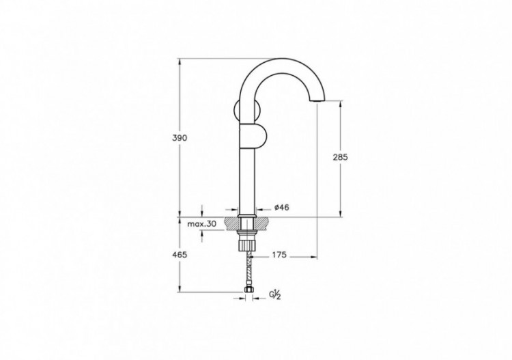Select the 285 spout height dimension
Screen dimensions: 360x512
pyautogui.click(x=341, y=157)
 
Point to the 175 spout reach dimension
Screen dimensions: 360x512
pyautogui.click(x=278, y=255)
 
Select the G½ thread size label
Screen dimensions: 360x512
pyautogui.click(x=276, y=295)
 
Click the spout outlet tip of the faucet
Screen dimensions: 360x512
pyautogui.click(x=317, y=102)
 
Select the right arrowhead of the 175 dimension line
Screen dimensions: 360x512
pyautogui.click(x=315, y=256)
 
